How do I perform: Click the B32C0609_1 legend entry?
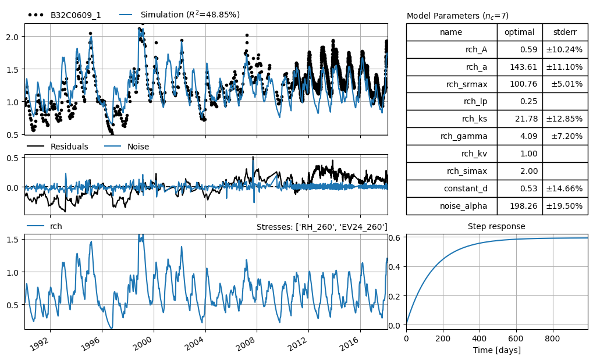(64, 15)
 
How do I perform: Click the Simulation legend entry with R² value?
(180, 15)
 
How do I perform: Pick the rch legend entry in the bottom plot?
(44, 226)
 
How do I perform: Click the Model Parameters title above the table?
(457, 16)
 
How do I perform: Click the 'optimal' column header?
(520, 32)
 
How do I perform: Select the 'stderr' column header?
(565, 32)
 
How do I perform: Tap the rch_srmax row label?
(467, 84)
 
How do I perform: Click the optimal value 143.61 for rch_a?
(523, 67)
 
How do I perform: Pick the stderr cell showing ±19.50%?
(564, 206)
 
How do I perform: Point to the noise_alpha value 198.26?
(523, 206)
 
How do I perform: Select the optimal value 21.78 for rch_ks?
(526, 119)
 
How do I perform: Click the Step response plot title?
(496, 226)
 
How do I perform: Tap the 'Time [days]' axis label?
(496, 350)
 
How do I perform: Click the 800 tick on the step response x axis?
(552, 338)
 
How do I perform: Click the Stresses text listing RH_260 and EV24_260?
(322, 227)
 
